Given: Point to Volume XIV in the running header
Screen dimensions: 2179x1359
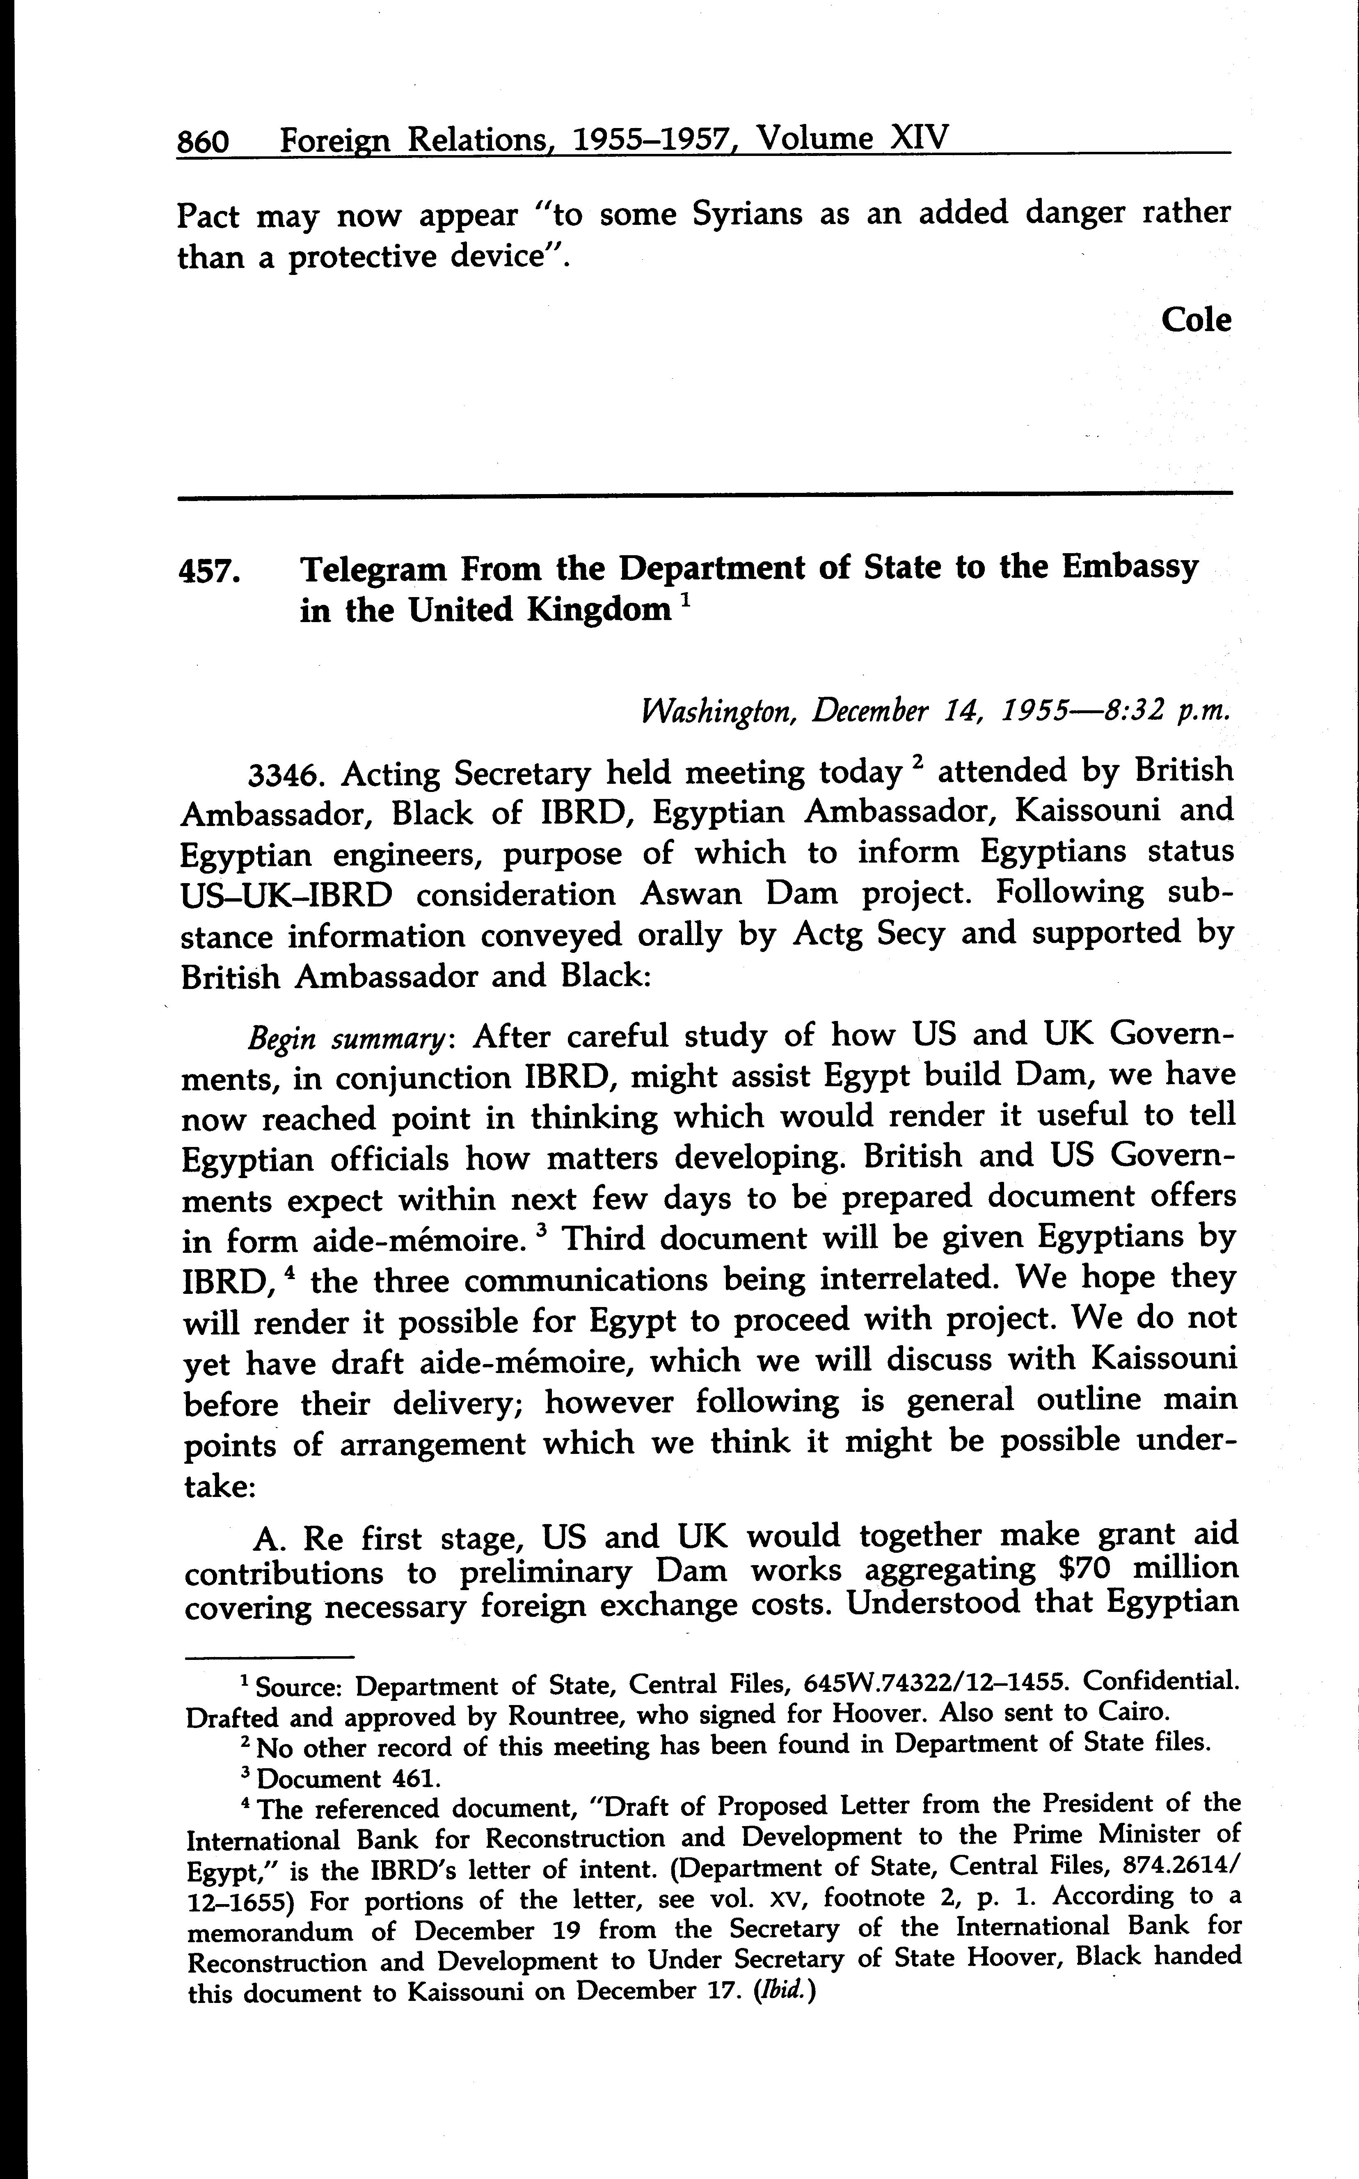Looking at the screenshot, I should (x=851, y=140).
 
